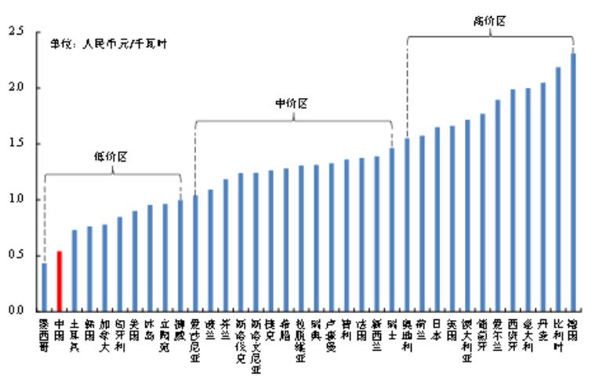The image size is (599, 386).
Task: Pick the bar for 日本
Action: (437, 219)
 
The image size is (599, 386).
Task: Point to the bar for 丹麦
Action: (543, 196)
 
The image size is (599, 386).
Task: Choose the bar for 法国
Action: (362, 235)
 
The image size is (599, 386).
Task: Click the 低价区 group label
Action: (111, 156)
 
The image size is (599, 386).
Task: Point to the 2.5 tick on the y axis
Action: (13, 31)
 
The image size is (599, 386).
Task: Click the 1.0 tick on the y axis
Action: (13, 199)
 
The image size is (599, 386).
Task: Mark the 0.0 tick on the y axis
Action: (13, 311)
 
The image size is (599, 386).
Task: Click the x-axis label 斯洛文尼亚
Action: (256, 345)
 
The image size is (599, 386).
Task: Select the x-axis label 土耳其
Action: (74, 334)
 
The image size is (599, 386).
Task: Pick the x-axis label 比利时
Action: (559, 334)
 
